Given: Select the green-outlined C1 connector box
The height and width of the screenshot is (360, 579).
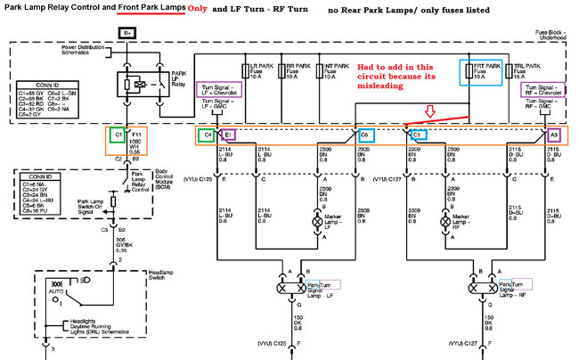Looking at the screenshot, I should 118,135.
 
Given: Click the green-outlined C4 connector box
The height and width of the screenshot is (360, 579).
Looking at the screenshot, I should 208,135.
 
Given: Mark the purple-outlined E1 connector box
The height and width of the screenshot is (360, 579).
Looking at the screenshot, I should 228,135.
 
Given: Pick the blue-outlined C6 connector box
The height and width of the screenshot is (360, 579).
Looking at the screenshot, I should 364,135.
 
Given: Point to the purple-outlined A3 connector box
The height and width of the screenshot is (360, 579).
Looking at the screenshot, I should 554,135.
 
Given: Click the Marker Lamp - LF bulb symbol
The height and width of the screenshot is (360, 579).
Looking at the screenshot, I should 323,219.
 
